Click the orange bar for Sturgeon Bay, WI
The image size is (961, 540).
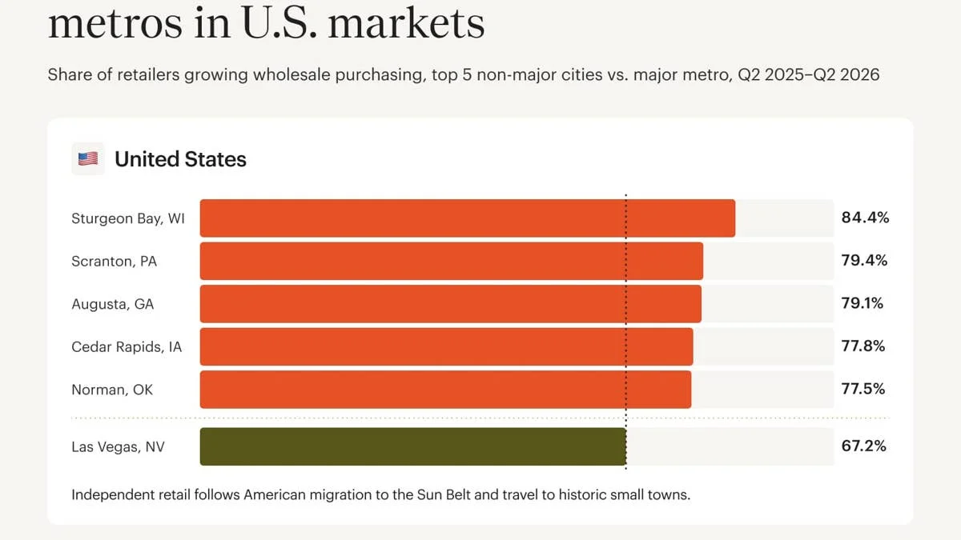pos(468,218)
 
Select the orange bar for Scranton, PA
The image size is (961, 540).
pos(452,261)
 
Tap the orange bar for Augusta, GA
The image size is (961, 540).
pos(450,304)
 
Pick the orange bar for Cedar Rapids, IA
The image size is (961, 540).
pos(446,346)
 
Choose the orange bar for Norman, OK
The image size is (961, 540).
pos(445,390)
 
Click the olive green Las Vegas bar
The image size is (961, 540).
pos(413,446)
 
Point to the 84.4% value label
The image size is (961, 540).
pos(865,218)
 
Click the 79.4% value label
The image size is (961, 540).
pos(864,261)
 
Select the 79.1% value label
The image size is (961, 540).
pos(862,303)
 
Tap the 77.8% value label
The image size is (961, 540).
pos(862,346)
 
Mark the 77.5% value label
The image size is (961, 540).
pos(862,389)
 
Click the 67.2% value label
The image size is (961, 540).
pos(863,446)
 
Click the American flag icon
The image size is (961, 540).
pos(88,159)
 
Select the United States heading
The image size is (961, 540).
pos(180,159)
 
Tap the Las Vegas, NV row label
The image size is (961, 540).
pos(118,447)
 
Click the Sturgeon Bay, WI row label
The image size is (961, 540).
pos(128,218)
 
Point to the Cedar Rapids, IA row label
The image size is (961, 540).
pos(127,346)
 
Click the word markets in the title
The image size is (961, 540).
pos(406,22)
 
